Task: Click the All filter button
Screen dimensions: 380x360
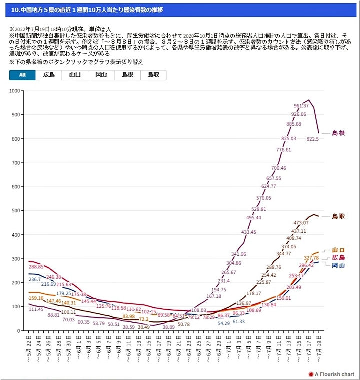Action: coord(22,75)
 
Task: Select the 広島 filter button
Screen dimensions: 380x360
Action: coord(49,75)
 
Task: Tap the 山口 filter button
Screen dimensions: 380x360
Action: coord(75,75)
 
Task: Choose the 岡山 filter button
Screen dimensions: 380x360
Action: coord(101,75)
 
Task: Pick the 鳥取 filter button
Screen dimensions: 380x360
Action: coord(153,75)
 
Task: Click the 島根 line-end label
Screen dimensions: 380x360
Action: coord(338,133)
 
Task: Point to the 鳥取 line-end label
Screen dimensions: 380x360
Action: coord(338,216)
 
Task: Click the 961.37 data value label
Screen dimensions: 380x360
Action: coord(301,106)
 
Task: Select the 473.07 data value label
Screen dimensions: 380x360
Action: coord(301,223)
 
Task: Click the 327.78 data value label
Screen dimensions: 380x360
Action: coord(311,258)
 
